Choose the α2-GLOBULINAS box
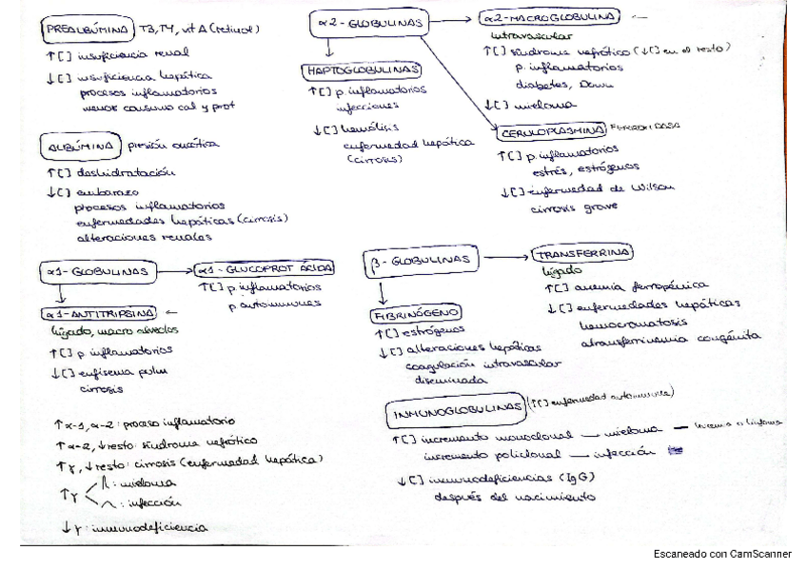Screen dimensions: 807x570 pos(370,21)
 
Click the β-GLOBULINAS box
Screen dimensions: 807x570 pos(420,260)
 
